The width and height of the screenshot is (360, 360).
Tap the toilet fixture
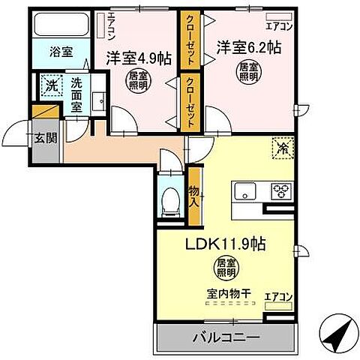172,199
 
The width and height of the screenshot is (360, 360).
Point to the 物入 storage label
195,197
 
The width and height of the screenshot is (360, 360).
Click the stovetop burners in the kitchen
283,190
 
